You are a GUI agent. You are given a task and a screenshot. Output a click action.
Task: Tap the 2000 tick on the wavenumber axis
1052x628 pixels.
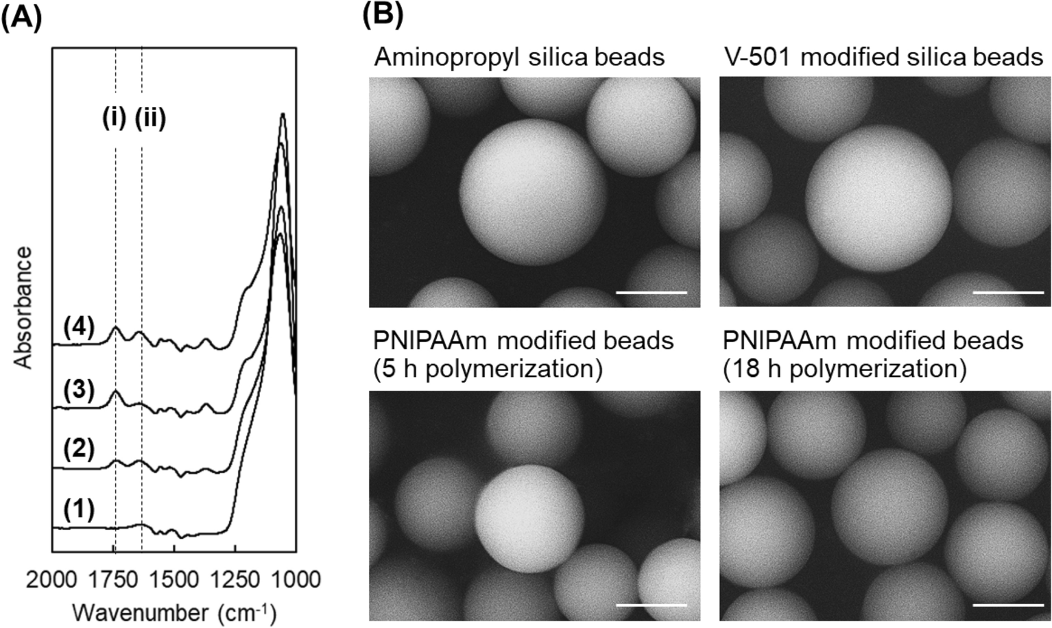pyautogui.click(x=52, y=579)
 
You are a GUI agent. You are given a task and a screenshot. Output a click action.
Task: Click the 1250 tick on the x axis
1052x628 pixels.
pyautogui.click(x=235, y=579)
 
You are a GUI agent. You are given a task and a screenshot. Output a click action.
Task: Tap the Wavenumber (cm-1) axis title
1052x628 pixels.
pyautogui.click(x=174, y=612)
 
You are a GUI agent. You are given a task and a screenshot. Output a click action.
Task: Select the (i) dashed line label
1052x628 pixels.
pyautogui.click(x=114, y=119)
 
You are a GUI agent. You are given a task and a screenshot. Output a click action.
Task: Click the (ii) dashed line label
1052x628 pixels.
pyautogui.click(x=150, y=119)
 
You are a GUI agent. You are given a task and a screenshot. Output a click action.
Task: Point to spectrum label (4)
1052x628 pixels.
pyautogui.click(x=78, y=327)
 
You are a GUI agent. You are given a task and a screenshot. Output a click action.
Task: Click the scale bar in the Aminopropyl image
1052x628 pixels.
pyautogui.click(x=651, y=293)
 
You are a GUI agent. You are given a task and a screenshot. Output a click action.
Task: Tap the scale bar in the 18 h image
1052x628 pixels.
pyautogui.click(x=1007, y=605)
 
